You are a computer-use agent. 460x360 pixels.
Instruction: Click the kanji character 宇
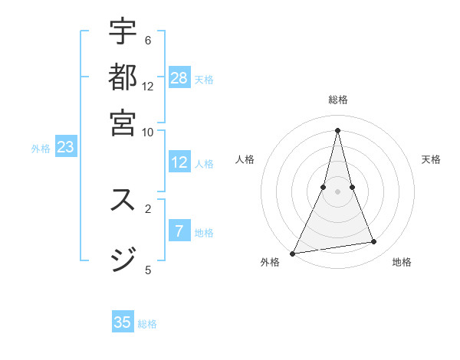(123, 33)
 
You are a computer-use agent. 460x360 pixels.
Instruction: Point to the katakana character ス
(123, 200)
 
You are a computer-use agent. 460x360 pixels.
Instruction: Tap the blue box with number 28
(179, 77)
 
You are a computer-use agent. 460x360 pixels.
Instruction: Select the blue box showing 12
(179, 162)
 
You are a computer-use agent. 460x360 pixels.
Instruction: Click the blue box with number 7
(179, 231)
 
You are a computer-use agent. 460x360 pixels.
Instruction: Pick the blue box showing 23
(65, 147)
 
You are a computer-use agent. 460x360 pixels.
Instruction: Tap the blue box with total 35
(123, 322)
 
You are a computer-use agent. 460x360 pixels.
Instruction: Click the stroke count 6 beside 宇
(147, 40)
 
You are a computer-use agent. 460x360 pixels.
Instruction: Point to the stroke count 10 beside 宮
(147, 131)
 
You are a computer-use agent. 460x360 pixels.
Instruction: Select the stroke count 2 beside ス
(147, 208)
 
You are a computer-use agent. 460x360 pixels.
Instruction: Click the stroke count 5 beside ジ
(147, 269)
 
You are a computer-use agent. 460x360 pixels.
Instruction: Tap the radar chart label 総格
(337, 100)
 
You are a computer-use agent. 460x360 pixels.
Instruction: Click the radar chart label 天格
(431, 159)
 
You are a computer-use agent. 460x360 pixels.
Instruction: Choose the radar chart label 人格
(245, 159)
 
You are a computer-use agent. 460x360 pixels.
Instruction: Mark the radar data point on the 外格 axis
(292, 254)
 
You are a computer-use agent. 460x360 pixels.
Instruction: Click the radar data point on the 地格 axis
(374, 242)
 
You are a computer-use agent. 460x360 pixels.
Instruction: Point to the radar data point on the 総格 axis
(337, 130)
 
